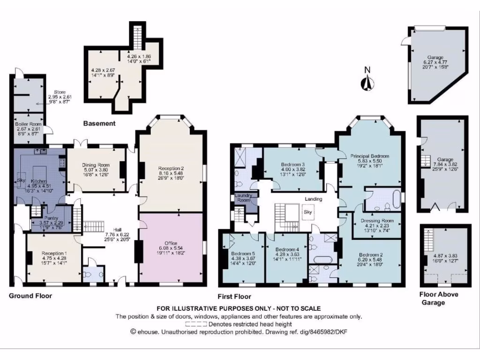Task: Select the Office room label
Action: [171, 243]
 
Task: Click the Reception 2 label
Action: [171, 168]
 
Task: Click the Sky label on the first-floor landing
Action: [308, 212]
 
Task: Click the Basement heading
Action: [99, 124]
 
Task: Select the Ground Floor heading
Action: [30, 296]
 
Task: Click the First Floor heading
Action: [234, 296]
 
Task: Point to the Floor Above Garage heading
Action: [438, 298]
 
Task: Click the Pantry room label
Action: [51, 218]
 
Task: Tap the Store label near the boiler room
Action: [59, 92]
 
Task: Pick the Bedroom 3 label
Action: [293, 165]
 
